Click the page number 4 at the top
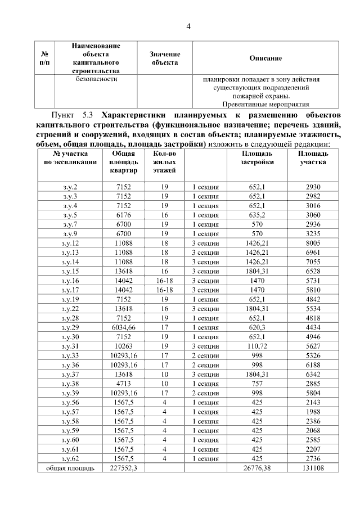[188, 26]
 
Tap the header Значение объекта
[164, 58]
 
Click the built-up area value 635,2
[257, 215]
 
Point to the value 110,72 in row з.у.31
[257, 346]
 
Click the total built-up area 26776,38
[257, 468]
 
